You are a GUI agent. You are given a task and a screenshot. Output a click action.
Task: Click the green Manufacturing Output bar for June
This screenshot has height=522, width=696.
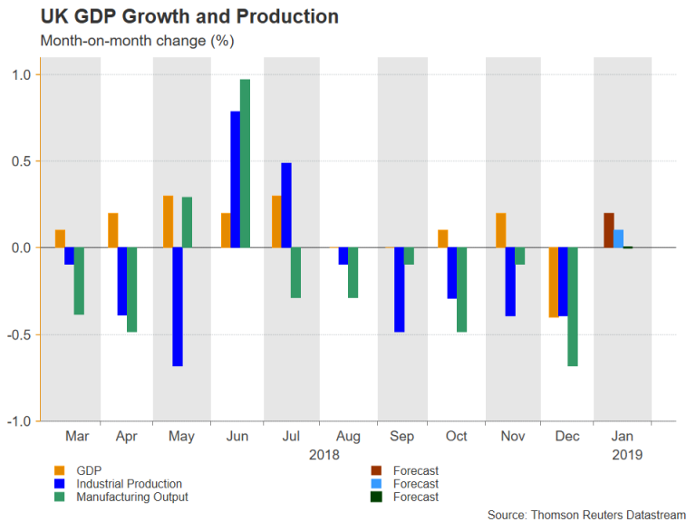(x=245, y=163)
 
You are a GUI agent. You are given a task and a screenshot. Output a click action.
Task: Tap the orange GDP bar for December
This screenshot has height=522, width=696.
(x=553, y=282)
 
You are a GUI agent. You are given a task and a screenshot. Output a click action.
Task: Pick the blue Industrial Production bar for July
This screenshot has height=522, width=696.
(x=286, y=205)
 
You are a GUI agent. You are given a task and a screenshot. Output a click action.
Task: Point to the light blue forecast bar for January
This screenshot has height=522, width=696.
(x=618, y=238)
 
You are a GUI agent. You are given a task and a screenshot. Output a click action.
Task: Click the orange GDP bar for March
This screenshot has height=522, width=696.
(x=60, y=238)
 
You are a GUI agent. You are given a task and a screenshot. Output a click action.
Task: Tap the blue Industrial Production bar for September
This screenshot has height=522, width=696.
(x=399, y=289)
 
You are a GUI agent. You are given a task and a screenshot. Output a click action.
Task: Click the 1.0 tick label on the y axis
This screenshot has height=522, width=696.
(x=20, y=74)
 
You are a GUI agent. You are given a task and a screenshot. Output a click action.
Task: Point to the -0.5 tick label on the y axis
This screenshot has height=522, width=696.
(x=18, y=334)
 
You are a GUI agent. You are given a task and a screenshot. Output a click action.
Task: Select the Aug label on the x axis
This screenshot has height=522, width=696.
(x=347, y=437)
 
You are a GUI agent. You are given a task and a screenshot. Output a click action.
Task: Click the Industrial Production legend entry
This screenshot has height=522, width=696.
(x=129, y=484)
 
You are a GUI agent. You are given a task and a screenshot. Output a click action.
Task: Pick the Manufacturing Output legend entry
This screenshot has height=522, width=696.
(x=132, y=497)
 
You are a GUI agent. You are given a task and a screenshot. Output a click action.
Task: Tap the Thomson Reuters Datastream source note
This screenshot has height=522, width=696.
(x=586, y=514)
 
